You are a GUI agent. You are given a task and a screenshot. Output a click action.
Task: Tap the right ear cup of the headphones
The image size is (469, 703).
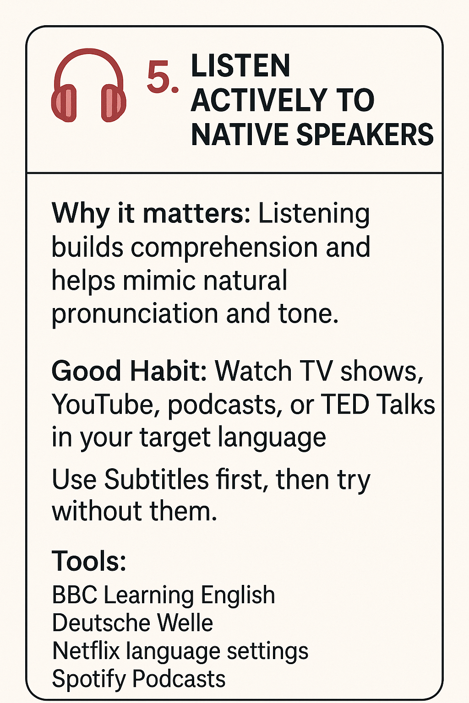point(113,103)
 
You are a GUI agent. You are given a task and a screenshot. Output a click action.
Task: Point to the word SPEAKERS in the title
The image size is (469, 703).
point(365,134)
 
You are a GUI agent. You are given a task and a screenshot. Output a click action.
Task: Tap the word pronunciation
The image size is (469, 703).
point(135,315)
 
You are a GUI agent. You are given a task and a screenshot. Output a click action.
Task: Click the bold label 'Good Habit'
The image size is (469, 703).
point(129,371)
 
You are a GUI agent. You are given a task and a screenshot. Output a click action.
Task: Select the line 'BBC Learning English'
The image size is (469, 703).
point(164,596)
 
